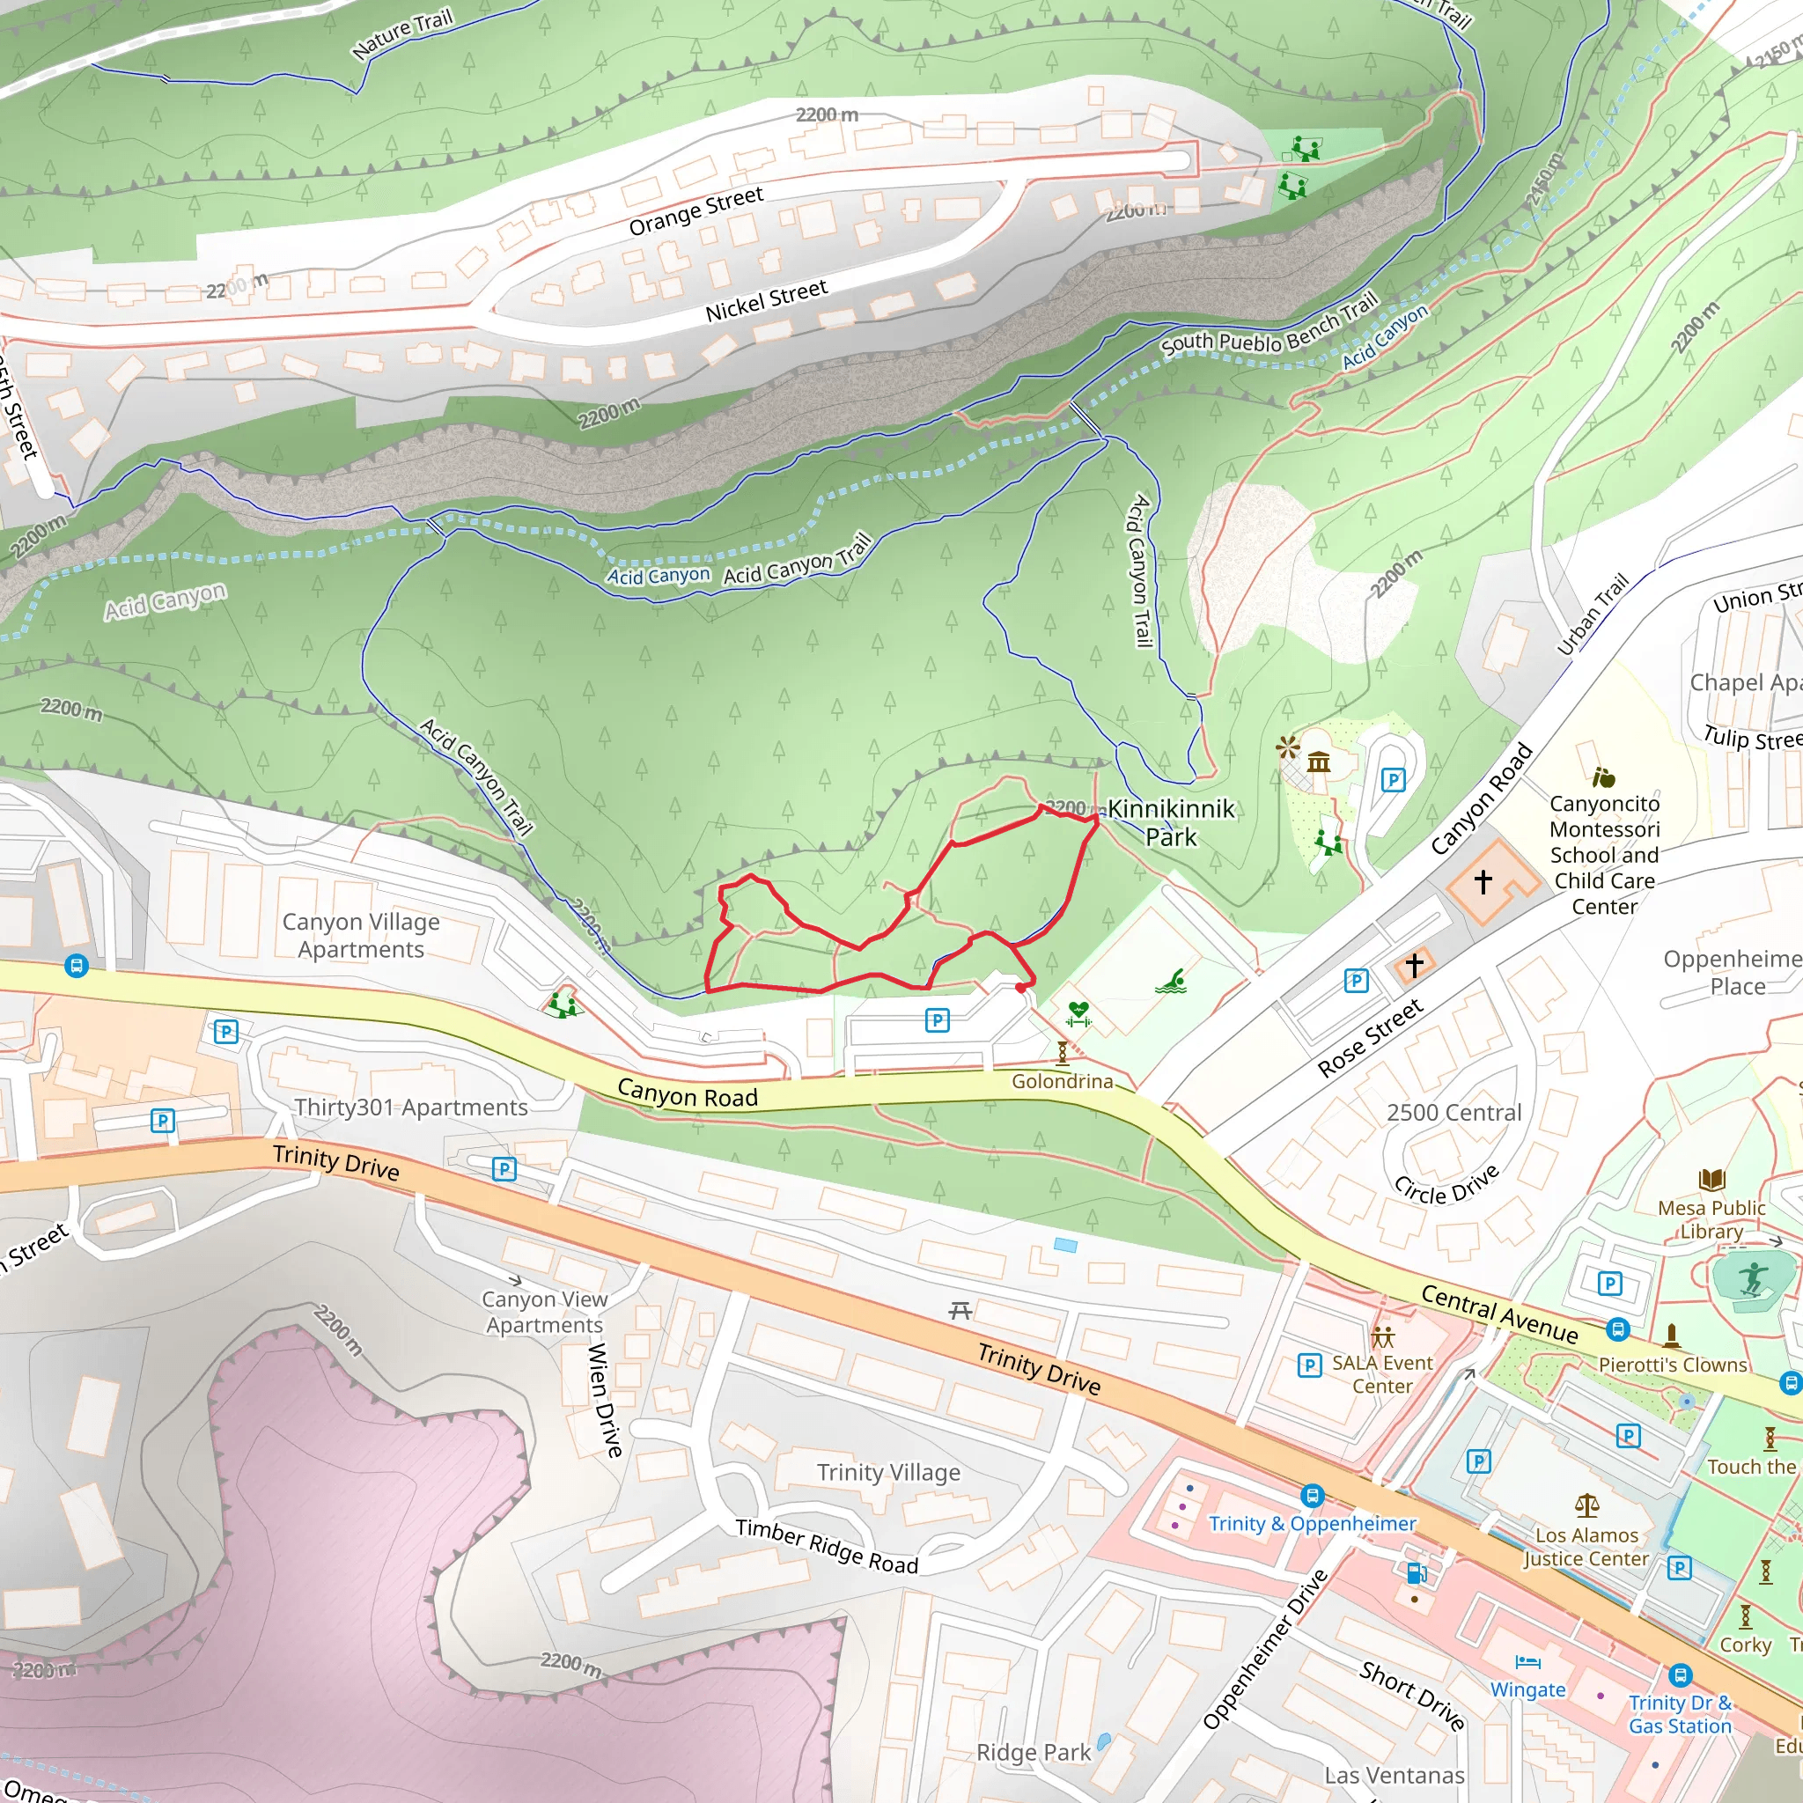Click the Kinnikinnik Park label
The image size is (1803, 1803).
coord(1170,822)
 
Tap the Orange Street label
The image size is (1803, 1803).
coord(696,212)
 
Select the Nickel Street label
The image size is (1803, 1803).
coord(766,300)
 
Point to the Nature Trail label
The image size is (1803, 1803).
coord(402,34)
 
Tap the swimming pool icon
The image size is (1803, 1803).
coord(1173,981)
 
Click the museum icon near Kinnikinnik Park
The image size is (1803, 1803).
coord(1319,762)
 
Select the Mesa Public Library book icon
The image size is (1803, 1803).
coord(1711,1180)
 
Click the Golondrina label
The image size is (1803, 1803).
coord(1062,1081)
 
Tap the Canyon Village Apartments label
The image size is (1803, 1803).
coord(361,935)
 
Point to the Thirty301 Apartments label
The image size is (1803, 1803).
coord(410,1107)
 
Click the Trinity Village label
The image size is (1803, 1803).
coord(888,1472)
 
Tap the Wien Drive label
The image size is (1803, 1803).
coord(605,1400)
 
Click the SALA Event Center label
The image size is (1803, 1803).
coord(1382,1373)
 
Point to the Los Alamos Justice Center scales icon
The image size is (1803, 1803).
coord(1586,1505)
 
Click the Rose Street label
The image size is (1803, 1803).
coord(1370,1038)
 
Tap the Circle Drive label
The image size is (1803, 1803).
coord(1446,1184)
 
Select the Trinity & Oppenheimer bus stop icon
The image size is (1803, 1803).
coord(1312,1496)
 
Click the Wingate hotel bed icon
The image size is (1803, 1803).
coord(1527,1661)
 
